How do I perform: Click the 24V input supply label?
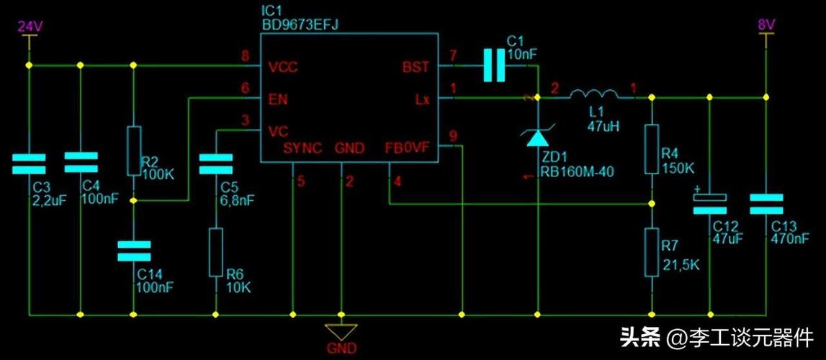pos(30,26)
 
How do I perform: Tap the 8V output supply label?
pos(766,26)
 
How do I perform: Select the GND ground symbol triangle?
pos(341,332)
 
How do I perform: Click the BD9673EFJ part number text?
pos(300,24)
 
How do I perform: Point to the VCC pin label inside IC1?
pos(282,68)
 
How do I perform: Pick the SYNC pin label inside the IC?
pos(302,148)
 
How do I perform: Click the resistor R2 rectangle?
pos(133,151)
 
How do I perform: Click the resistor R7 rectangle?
pos(652,252)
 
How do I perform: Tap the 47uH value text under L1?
pos(603,127)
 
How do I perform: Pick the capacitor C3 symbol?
pos(30,163)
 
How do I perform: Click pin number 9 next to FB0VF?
pos(452,135)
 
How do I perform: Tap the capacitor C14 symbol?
pos(133,251)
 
